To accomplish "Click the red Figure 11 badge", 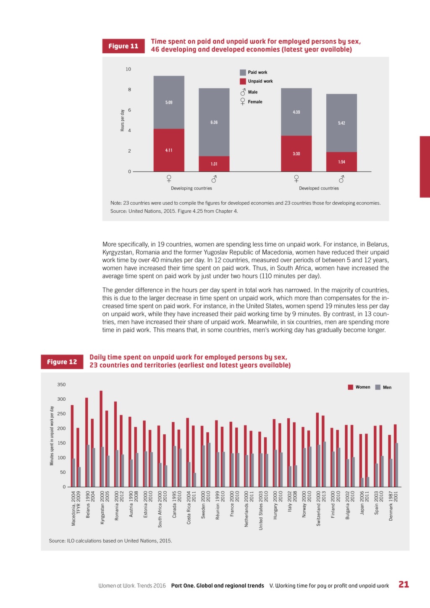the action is (123, 46).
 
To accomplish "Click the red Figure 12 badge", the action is (62, 362).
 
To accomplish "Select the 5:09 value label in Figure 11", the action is (169, 102).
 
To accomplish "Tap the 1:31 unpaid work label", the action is (214, 164).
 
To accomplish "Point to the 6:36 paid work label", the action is (214, 123).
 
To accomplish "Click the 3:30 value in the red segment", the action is (296, 154).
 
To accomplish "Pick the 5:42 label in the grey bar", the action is (341, 123).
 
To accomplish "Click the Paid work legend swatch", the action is (243, 73).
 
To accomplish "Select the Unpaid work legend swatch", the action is (243, 81).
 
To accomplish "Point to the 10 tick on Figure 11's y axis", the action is (128, 69).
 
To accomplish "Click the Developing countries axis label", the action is (191, 188).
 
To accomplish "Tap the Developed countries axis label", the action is (319, 188).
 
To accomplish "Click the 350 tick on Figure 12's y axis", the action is (61, 385).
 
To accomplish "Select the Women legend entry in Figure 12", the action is (359, 387).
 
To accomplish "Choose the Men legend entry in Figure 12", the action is (383, 387).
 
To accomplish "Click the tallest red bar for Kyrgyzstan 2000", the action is (101, 438).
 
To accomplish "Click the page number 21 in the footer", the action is (404, 585).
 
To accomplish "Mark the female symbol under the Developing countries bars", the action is (169, 179).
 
